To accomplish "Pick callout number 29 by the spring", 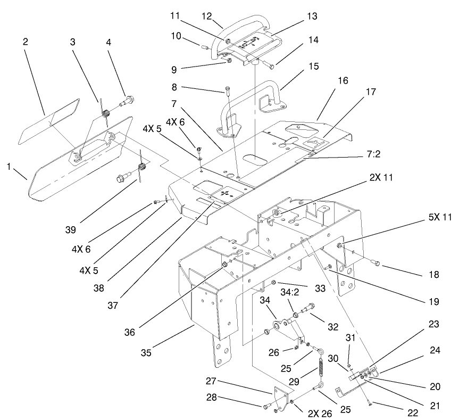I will click(307, 380).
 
